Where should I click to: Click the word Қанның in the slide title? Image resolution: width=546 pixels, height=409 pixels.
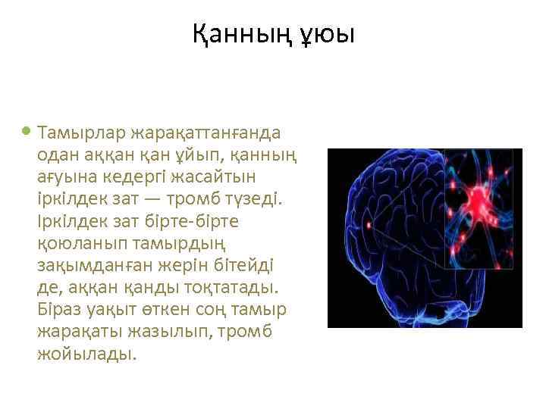pyautogui.click(x=241, y=34)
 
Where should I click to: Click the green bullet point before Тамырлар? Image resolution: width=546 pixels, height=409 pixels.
pyautogui.click(x=27, y=131)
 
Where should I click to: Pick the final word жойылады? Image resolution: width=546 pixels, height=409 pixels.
pyautogui.click(x=86, y=354)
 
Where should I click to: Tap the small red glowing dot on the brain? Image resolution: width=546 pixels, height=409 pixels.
pyautogui.click(x=369, y=225)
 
